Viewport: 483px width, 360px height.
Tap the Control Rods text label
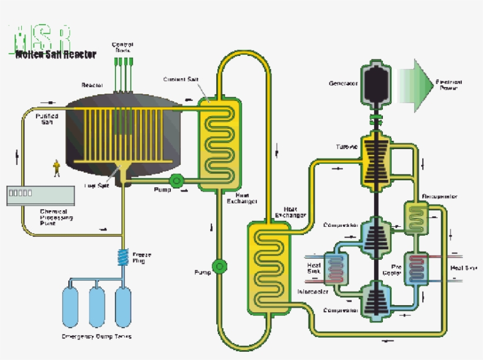[x=123, y=47]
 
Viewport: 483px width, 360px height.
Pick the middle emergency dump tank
[x=97, y=306]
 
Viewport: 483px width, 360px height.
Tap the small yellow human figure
[x=57, y=169]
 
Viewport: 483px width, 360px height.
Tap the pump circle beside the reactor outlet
[x=176, y=180]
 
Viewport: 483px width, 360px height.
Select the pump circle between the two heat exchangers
[x=220, y=267]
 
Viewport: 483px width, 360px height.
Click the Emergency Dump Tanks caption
[x=97, y=336]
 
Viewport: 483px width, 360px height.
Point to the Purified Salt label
[x=47, y=119]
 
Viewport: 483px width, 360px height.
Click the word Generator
[x=343, y=84]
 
